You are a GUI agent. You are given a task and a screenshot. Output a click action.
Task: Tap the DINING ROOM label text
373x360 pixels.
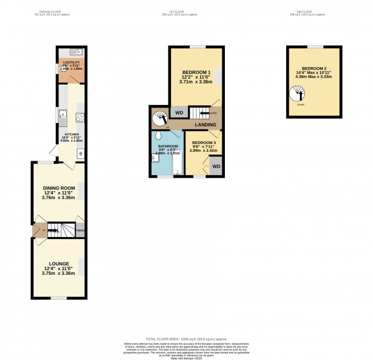tap(59, 187)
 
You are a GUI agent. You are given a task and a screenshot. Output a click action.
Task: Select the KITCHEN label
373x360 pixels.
tap(72, 135)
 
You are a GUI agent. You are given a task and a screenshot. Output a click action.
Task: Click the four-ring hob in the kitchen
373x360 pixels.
tap(81, 117)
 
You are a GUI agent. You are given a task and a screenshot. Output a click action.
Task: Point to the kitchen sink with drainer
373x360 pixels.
tap(63, 114)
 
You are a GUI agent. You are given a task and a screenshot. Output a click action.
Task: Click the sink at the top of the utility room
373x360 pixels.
tap(75, 52)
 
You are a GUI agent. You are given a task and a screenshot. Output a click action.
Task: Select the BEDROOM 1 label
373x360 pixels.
tap(197, 72)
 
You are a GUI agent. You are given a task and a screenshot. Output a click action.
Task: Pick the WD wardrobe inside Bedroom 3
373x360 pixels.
tap(216, 166)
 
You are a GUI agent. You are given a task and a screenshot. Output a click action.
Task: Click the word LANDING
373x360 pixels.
tap(205, 125)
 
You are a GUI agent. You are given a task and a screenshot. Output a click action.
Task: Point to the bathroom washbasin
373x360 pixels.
tap(155, 158)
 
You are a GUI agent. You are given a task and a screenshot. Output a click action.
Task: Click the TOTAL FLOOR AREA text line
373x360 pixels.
tap(186, 339)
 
